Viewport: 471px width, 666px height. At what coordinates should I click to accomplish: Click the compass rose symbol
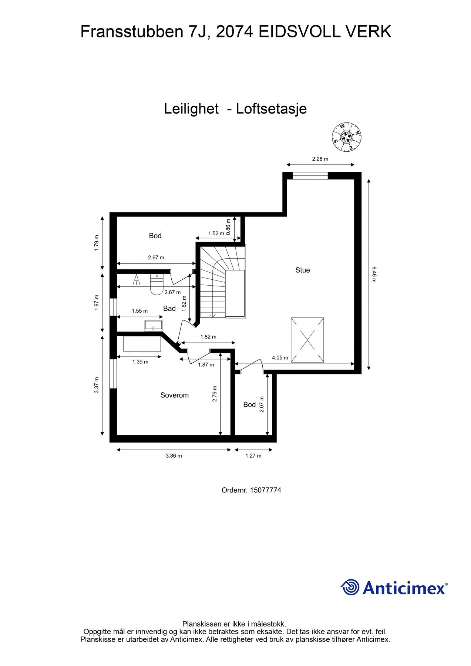[x=346, y=137]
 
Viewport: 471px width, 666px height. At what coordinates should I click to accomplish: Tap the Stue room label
[x=302, y=270]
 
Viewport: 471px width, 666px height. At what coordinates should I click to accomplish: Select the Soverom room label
[x=174, y=395]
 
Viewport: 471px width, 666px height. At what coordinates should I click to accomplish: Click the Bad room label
[x=169, y=309]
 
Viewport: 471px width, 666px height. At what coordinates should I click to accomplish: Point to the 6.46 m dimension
[x=374, y=274]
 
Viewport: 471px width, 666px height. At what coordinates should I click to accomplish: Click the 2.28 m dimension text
[x=320, y=159]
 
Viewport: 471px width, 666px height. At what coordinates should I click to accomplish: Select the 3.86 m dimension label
[x=174, y=456]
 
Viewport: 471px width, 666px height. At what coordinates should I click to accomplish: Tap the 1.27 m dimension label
[x=253, y=456]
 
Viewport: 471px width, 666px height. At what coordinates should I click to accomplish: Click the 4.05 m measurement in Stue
[x=280, y=358]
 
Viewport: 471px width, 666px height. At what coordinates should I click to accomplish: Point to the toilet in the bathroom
[x=157, y=284]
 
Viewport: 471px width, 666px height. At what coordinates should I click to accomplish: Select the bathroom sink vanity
[x=154, y=326]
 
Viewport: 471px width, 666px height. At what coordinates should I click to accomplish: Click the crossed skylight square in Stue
[x=307, y=340]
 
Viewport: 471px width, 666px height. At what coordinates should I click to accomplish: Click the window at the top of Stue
[x=310, y=176]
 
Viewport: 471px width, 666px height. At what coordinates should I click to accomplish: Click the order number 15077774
[x=265, y=490]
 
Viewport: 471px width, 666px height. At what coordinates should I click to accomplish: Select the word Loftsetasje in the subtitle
[x=271, y=109]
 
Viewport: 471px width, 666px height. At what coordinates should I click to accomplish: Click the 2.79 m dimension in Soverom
[x=215, y=394]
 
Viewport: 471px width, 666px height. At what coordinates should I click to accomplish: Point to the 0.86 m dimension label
[x=228, y=230]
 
